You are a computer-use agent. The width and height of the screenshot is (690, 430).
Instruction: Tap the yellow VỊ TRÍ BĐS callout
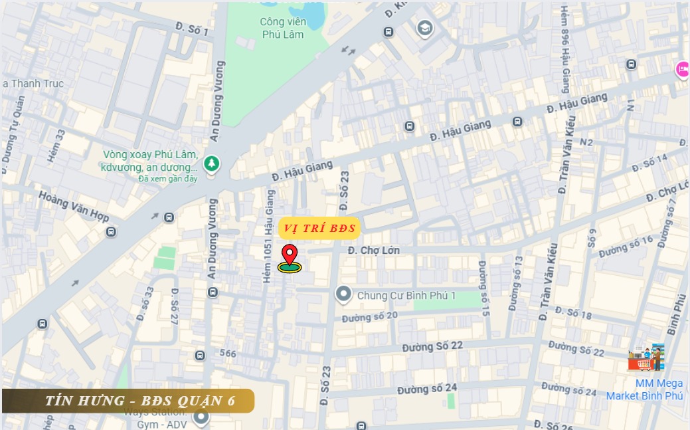pyautogui.click(x=319, y=228)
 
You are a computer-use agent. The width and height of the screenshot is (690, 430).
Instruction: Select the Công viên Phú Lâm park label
pyautogui.click(x=282, y=28)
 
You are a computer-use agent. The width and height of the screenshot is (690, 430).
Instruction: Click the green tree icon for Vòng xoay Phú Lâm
pyautogui.click(x=211, y=163)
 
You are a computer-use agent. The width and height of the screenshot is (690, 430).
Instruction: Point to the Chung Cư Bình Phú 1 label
pyautogui.click(x=406, y=295)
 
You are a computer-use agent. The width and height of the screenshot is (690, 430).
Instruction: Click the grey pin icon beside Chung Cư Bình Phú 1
pyautogui.click(x=343, y=294)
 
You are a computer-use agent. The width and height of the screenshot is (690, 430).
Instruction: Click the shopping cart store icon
pyautogui.click(x=646, y=358)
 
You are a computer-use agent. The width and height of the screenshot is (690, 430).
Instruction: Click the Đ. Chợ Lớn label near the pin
pyautogui.click(x=373, y=251)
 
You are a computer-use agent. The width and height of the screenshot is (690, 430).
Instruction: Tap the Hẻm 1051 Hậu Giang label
pyautogui.click(x=268, y=237)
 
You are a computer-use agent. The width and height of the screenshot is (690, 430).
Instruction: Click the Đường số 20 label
pyautogui.click(x=369, y=317)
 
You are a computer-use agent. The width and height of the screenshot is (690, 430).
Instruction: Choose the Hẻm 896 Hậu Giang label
pyautogui.click(x=566, y=50)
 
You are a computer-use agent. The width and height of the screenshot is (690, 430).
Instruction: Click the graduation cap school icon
pyautogui.click(x=424, y=28)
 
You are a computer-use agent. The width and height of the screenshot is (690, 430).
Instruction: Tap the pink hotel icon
pyautogui.click(x=682, y=68)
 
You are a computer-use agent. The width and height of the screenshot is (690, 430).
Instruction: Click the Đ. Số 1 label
pyautogui.click(x=192, y=28)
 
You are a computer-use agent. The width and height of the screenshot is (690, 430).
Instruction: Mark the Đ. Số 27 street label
pyautogui.click(x=175, y=306)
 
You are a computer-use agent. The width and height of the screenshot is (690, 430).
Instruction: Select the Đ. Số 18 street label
pyautogui.click(x=573, y=313)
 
